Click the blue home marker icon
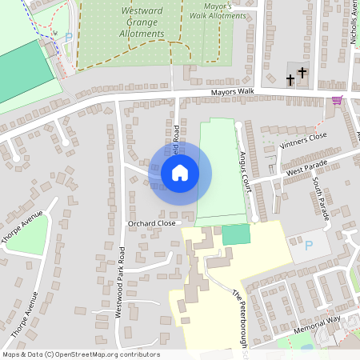[180, 172]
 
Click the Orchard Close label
[151, 223]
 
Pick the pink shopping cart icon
[337, 100]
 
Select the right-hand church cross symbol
[302, 74]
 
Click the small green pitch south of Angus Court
[235, 234]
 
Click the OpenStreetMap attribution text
[81, 354]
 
